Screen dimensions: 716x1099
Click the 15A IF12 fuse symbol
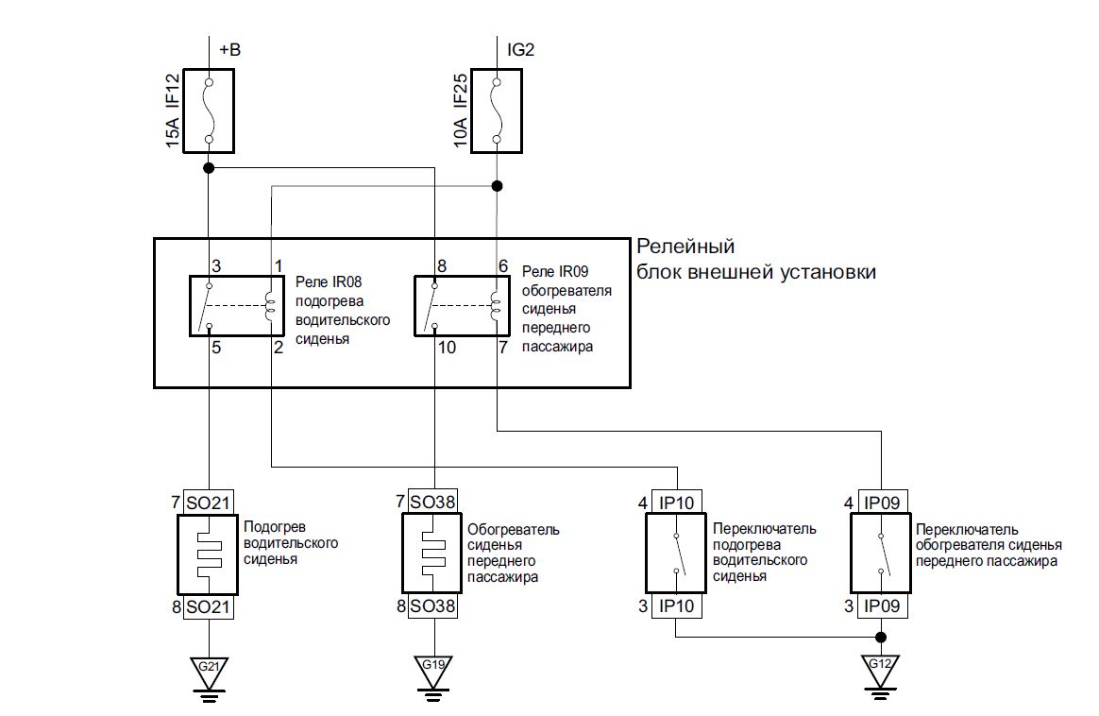click(208, 110)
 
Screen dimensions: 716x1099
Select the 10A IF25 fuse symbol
click(498, 110)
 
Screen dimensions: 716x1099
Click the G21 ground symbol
click(208, 670)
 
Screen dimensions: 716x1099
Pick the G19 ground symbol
click(433, 670)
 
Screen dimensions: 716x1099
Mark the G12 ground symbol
click(881, 670)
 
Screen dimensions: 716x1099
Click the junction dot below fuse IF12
click(208, 168)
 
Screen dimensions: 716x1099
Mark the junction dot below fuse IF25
click(498, 186)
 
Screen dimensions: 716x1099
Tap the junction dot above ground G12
click(881, 636)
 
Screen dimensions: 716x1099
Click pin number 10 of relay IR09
click(448, 348)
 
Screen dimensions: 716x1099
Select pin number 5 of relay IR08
click(215, 348)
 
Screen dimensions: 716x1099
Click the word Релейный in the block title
click(685, 247)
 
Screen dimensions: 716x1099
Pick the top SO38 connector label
click(433, 503)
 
